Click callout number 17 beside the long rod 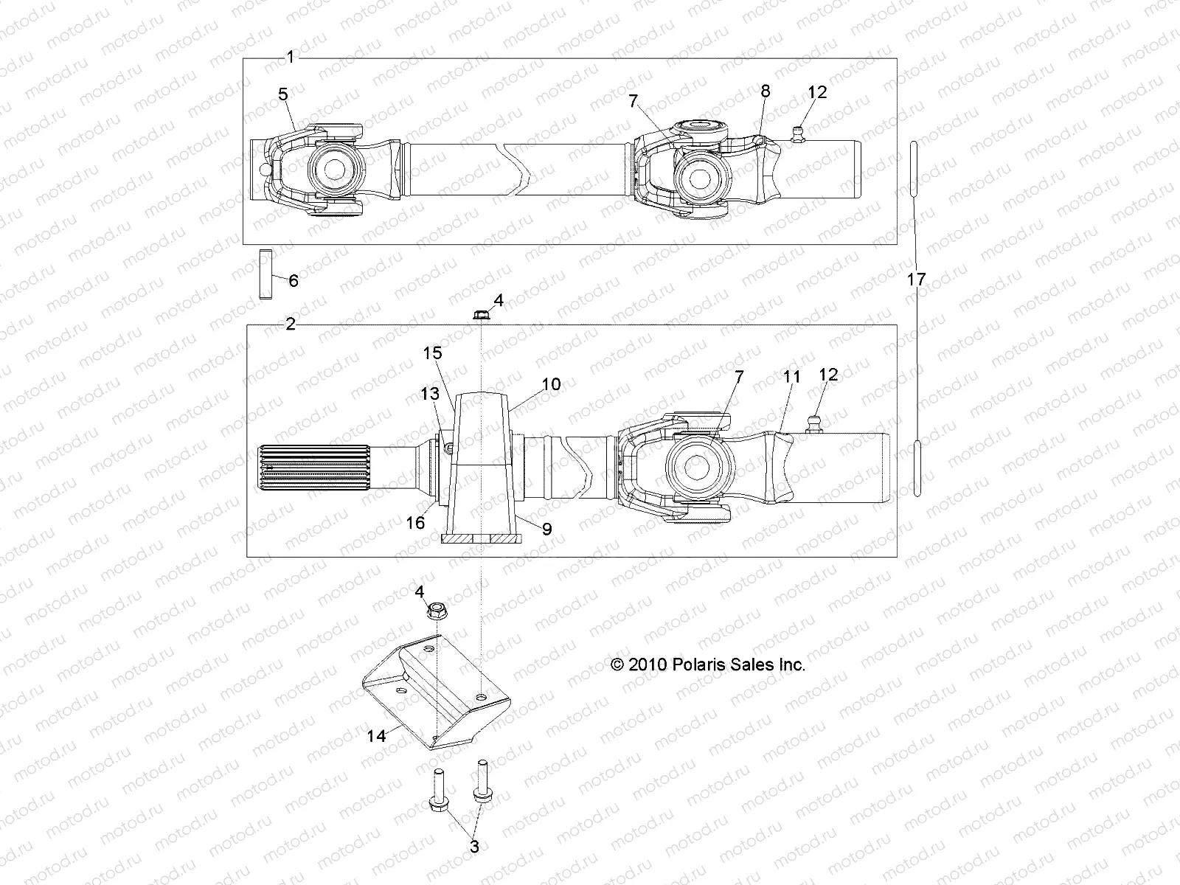916,280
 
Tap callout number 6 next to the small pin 293,280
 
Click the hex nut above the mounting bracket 434,611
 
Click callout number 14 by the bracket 377,736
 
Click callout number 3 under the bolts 474,847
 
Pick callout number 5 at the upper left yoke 283,94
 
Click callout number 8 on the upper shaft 765,91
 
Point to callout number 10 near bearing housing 551,384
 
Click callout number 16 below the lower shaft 415,522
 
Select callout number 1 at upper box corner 290,57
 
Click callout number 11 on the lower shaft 791,377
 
